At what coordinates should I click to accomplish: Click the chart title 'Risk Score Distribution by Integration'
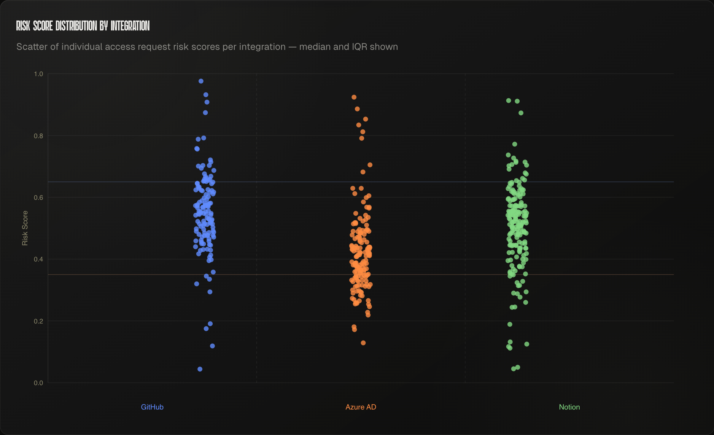[83, 26]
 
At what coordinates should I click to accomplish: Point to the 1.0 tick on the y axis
[38, 74]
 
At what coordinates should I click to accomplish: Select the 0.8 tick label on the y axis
[38, 136]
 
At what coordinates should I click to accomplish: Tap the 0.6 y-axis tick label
[38, 198]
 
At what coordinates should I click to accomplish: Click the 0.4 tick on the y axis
[38, 259]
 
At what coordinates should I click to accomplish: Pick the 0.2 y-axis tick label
[38, 321]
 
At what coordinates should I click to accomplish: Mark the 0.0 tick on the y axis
[38, 383]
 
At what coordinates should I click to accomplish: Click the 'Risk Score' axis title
[25, 228]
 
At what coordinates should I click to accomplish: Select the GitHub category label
[152, 407]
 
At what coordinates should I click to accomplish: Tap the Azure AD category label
[361, 407]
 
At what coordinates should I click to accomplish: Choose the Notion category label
[569, 407]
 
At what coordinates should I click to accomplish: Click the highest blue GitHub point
[201, 81]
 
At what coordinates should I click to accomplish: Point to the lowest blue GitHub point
[200, 369]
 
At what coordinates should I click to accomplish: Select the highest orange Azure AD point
[354, 97]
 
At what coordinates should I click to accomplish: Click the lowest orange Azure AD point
[363, 343]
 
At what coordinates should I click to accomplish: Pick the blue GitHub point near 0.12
[212, 346]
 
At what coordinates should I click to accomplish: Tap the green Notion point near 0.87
[521, 113]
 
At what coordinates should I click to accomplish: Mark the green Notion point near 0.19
[510, 324]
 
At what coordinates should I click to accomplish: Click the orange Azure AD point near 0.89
[357, 109]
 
